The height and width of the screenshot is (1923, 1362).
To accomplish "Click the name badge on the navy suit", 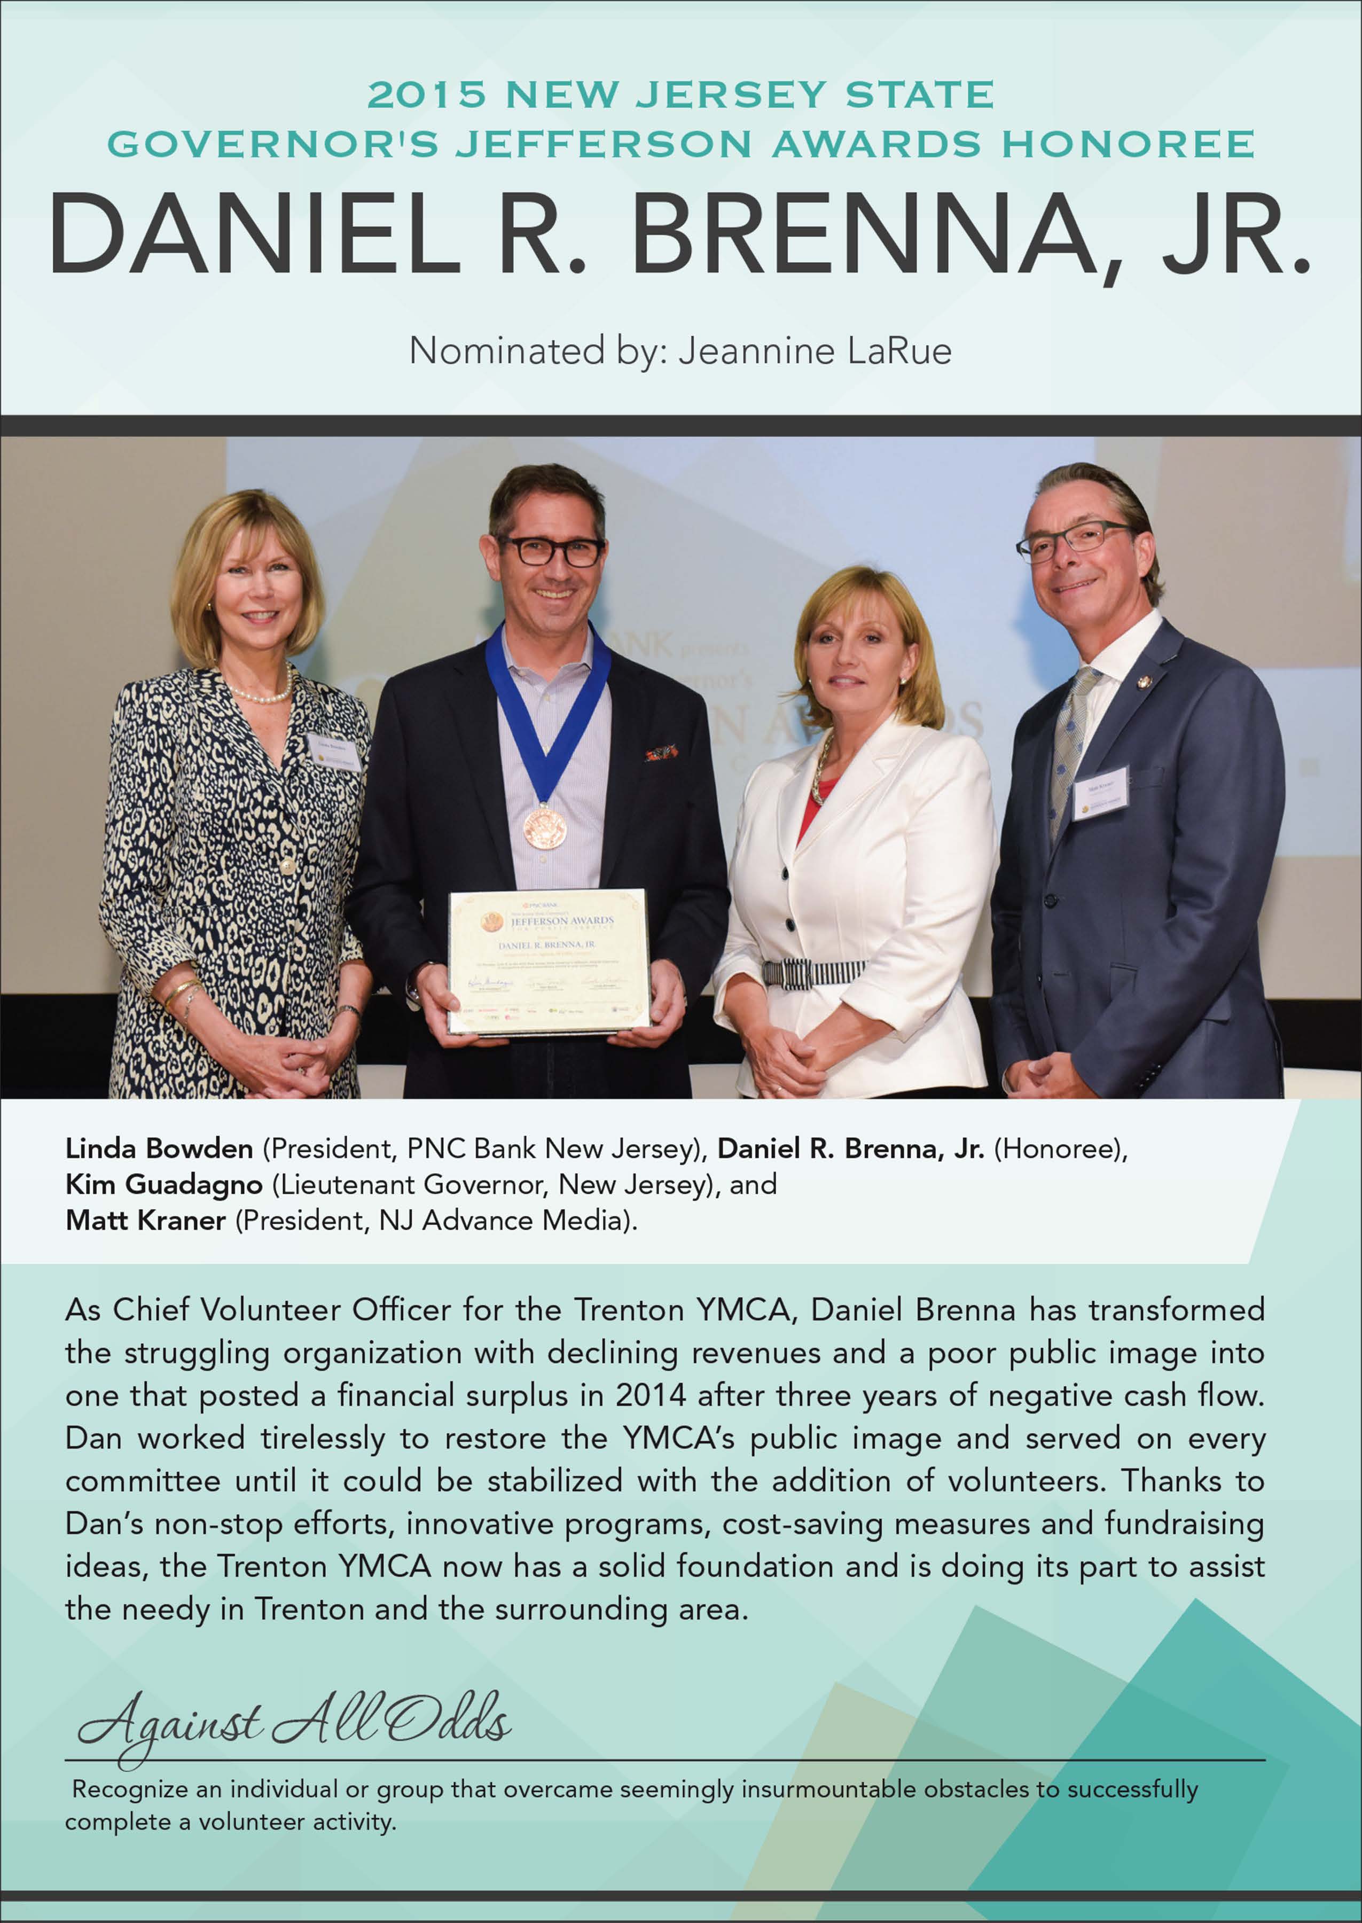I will (x=1101, y=791).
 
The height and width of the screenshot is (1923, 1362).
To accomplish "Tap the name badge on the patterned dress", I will (x=334, y=752).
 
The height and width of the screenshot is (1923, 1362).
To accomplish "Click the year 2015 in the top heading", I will (x=427, y=95).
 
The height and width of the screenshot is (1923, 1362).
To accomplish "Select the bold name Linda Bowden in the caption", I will (x=159, y=1148).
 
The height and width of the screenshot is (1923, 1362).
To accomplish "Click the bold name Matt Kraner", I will (x=145, y=1220).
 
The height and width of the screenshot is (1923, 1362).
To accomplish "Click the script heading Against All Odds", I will (x=294, y=1718).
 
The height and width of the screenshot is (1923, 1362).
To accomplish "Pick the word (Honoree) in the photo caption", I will (x=1060, y=1148).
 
